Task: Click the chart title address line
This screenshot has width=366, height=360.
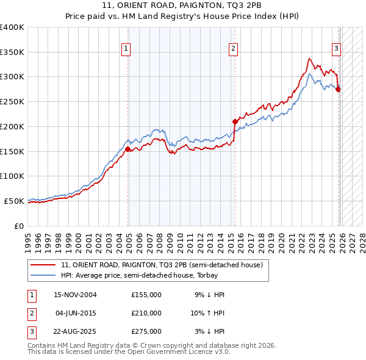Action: (x=183, y=5)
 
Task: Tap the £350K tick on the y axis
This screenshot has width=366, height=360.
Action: (x=12, y=52)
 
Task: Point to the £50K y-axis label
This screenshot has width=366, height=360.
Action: (x=14, y=201)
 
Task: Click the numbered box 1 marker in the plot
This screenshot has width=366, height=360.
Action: (x=126, y=49)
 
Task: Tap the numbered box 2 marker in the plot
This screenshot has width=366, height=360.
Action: (x=234, y=49)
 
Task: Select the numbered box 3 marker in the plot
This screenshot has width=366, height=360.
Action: (x=336, y=49)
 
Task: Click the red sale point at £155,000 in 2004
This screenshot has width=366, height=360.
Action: (x=127, y=149)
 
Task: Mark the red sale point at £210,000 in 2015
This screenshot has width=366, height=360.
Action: (x=235, y=121)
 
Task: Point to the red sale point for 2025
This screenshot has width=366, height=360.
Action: (x=339, y=89)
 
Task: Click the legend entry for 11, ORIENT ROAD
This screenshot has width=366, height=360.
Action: (x=162, y=265)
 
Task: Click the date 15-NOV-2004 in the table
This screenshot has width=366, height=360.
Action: (x=75, y=295)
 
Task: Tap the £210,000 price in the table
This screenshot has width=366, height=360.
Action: (x=146, y=313)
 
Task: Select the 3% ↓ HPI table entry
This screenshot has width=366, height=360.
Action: (x=210, y=331)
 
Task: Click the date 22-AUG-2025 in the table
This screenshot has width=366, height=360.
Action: (x=75, y=331)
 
